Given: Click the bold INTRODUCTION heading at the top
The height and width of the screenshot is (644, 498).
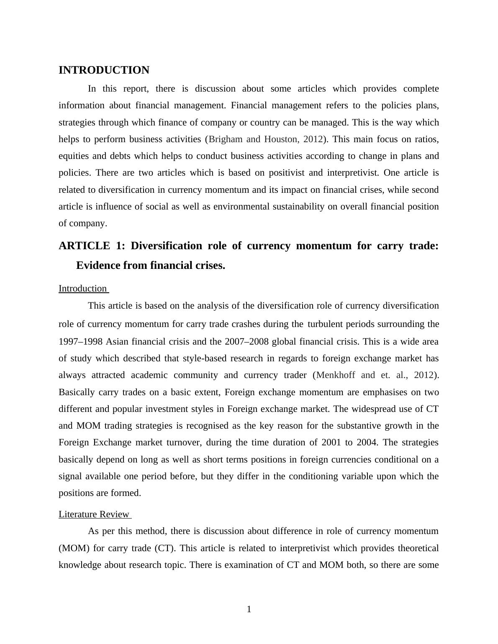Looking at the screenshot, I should point(104,70).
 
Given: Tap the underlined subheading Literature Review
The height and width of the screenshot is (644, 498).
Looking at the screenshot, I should point(94,514).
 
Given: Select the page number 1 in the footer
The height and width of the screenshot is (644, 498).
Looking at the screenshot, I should point(249,609).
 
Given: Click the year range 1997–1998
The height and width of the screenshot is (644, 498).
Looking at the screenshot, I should point(80,342).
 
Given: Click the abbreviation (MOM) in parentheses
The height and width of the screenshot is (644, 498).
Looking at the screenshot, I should point(72,548).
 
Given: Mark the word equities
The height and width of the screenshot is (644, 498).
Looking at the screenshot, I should point(74,156).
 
